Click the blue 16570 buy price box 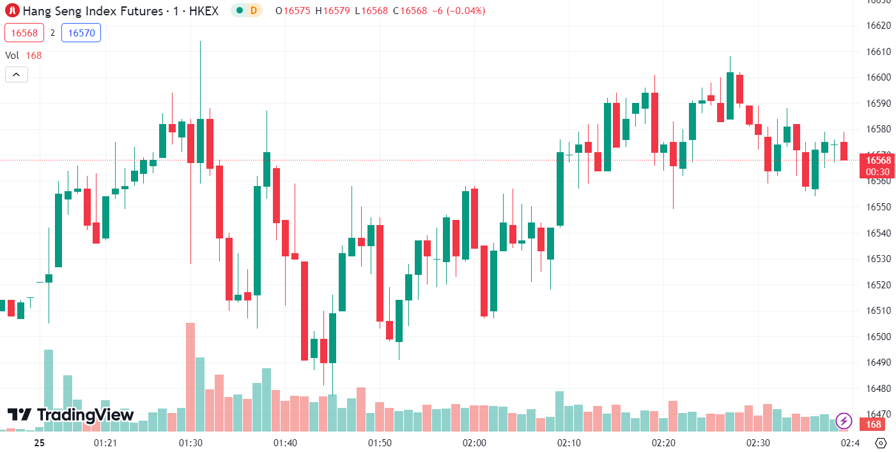click(x=81, y=33)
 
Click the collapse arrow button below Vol click(x=17, y=75)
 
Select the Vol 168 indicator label click(x=24, y=56)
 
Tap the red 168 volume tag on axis click(x=874, y=425)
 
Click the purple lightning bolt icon click(x=844, y=421)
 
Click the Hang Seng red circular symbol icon click(x=12, y=11)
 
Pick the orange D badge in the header click(x=254, y=10)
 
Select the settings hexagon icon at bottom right click(x=881, y=443)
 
